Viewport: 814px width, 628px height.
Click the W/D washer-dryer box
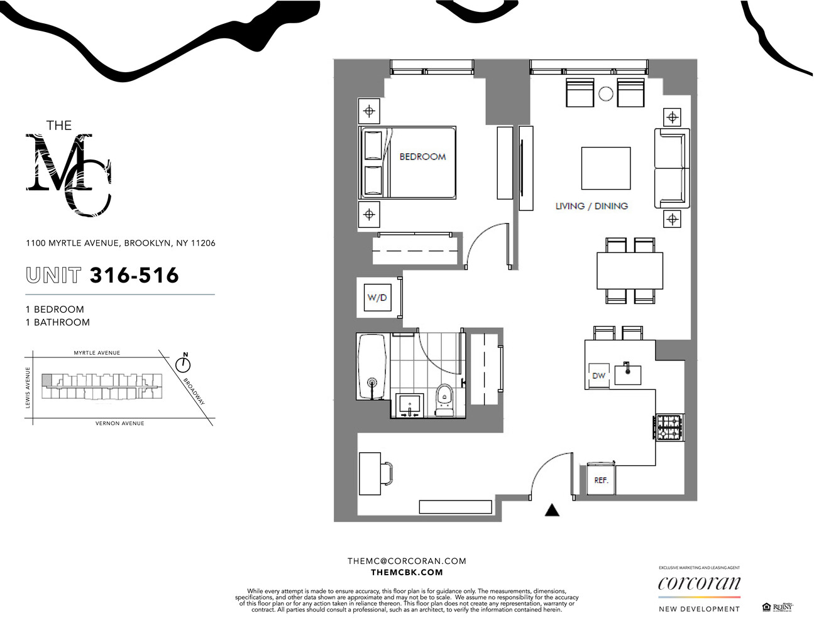tap(377, 298)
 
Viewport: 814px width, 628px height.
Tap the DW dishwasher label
tap(598, 376)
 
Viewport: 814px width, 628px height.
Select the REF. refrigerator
tap(602, 480)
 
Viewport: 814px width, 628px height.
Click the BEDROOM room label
tap(422, 156)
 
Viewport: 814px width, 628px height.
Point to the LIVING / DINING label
tap(591, 206)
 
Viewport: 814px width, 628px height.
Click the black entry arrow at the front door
tap(551, 510)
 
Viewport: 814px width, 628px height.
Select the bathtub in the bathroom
tap(371, 367)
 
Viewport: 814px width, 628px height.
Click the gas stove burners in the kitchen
tap(669, 427)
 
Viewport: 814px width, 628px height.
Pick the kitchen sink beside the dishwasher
tap(627, 374)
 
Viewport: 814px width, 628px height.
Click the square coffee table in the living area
tap(605, 168)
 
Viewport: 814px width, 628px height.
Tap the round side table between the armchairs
tap(605, 94)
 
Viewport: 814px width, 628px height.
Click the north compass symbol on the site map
tap(184, 364)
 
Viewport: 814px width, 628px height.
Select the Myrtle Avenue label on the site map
tap(97, 353)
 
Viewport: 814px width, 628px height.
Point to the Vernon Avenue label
tap(119, 423)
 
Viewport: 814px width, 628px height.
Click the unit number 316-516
tap(134, 275)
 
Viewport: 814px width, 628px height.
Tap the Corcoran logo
tap(699, 583)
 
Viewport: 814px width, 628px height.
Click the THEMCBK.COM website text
tap(407, 572)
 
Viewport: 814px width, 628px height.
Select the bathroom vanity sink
tap(410, 403)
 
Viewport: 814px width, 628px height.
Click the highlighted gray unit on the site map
tap(47, 380)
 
